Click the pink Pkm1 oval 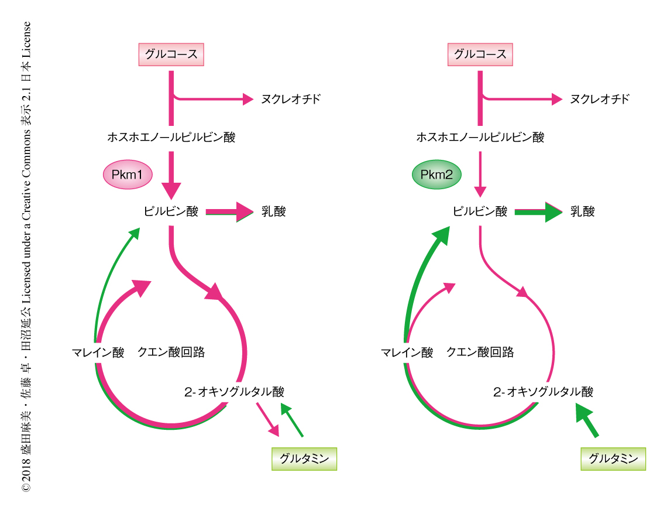(128, 175)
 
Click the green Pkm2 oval (436, 175)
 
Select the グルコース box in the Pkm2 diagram (480, 56)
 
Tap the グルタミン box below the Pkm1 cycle (304, 459)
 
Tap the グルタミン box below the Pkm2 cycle (613, 459)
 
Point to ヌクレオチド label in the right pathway (600, 99)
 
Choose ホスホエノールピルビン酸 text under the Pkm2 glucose (480, 138)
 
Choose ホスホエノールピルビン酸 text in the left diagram (171, 138)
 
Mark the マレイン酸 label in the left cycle (98, 353)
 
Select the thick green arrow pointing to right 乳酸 (538, 212)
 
